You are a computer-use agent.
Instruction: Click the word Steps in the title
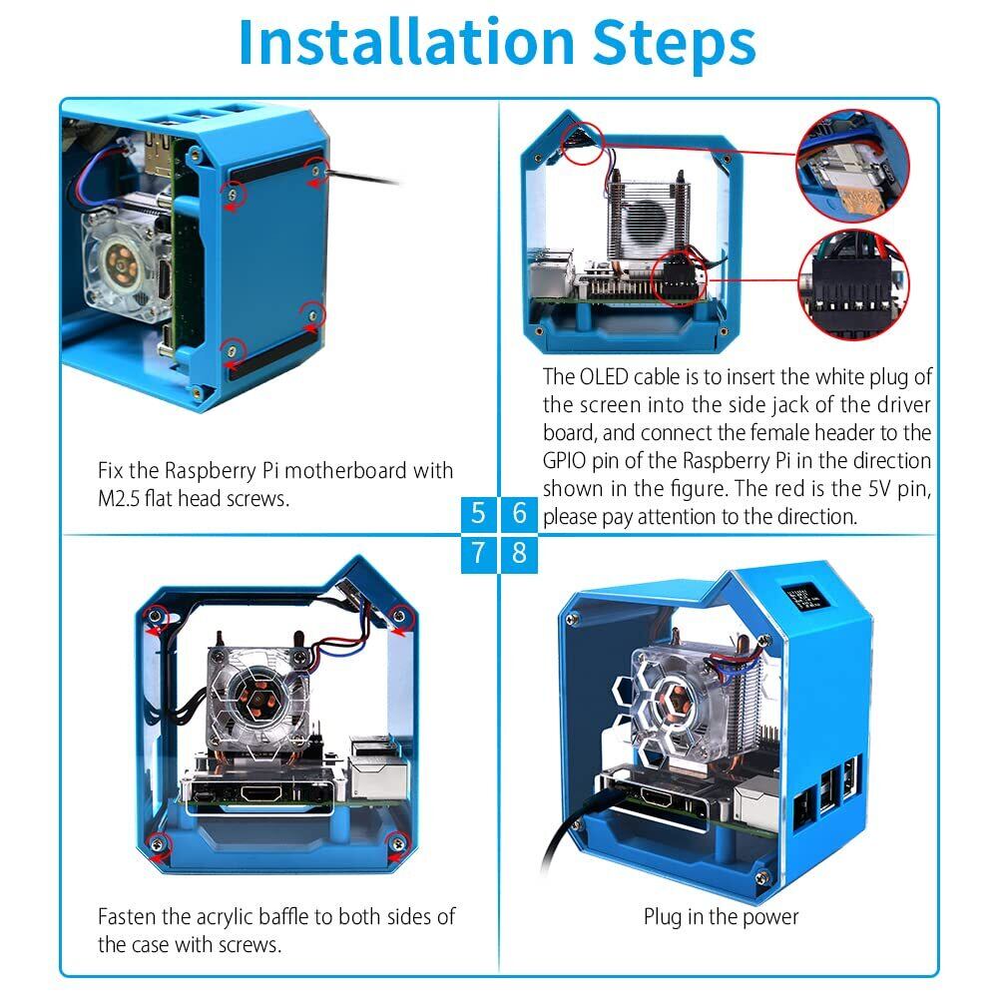[675, 43]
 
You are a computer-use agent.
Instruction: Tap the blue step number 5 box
[478, 513]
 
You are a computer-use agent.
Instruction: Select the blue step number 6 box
[519, 513]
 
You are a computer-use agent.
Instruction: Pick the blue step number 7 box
[478, 553]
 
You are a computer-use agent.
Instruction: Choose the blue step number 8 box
[519, 553]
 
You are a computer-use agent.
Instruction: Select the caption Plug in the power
[721, 917]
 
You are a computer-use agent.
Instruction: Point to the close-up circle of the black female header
[853, 284]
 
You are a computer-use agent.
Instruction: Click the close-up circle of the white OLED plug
[853, 166]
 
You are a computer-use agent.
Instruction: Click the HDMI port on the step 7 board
[260, 793]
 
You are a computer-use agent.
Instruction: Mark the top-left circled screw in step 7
[155, 616]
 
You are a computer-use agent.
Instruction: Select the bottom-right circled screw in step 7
[398, 844]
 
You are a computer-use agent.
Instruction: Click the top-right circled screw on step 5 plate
[314, 170]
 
